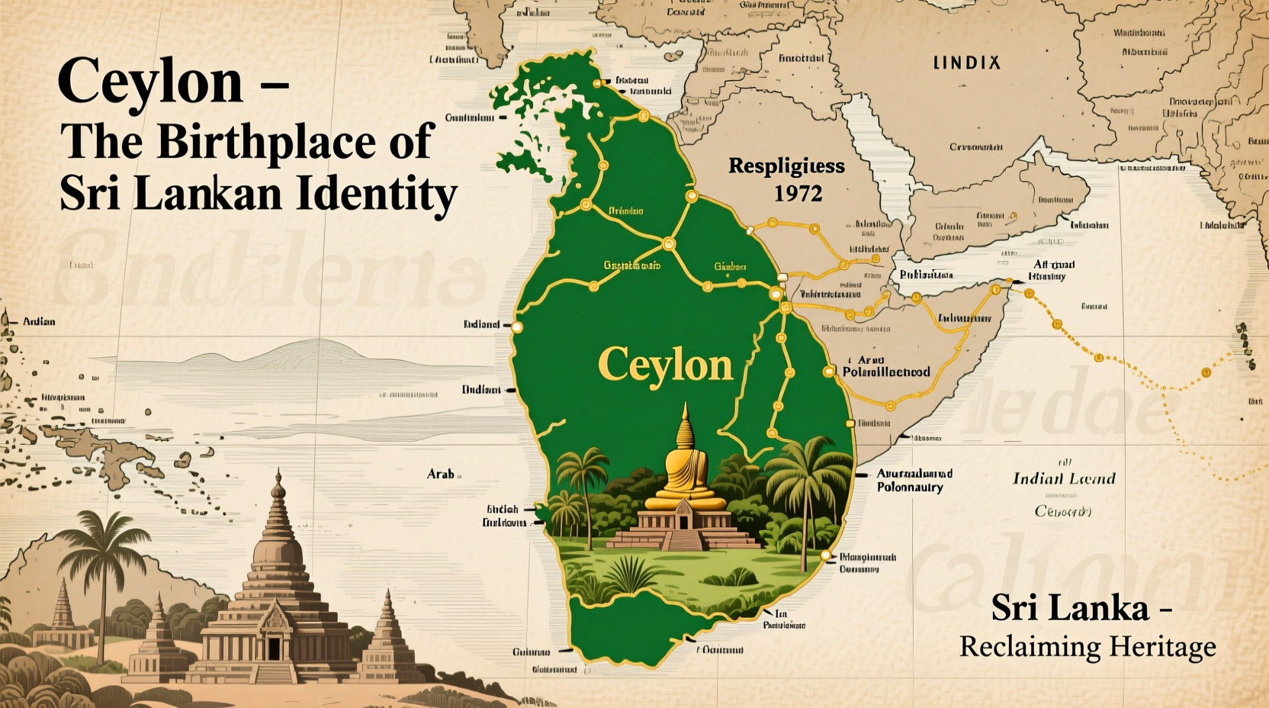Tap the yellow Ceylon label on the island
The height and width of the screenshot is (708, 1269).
[x=666, y=365]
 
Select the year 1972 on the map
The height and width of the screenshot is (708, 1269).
[x=798, y=194]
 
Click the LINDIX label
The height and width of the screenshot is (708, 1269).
[x=967, y=63]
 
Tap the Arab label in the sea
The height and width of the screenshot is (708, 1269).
[x=441, y=474]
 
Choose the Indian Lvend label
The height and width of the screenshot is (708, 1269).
[x=1063, y=479]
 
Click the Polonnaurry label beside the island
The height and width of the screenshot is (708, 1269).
[x=910, y=488]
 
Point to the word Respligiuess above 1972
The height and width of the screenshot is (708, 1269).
[x=786, y=166]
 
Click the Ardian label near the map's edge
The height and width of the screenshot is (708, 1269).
[x=39, y=321]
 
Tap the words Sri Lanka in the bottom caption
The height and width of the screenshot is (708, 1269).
[x=1070, y=608]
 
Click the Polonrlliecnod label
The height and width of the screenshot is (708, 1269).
[x=886, y=372]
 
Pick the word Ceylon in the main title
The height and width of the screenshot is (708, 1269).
[x=150, y=82]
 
